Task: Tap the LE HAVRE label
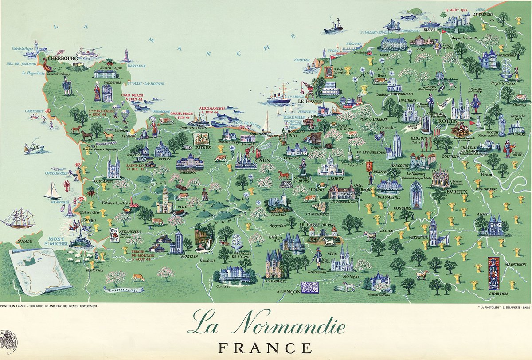click(306, 101)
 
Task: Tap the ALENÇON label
click(288, 293)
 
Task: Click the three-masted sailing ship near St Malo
click(18, 219)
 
